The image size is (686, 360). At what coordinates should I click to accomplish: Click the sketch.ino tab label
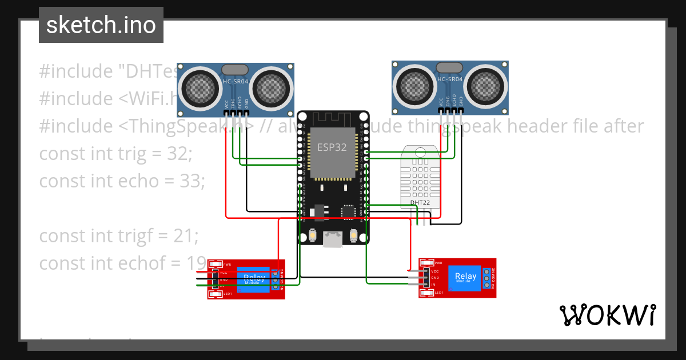[101, 25]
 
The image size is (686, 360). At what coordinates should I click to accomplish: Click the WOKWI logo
[607, 315]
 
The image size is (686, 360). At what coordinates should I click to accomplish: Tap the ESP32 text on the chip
[332, 147]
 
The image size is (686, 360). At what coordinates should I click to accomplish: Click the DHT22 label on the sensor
[420, 202]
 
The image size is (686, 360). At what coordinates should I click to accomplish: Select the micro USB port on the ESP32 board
[333, 238]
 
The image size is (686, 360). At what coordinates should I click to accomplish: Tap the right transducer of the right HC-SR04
[485, 86]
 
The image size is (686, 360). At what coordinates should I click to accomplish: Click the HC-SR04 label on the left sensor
[234, 82]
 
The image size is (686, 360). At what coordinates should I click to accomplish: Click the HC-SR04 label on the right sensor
[449, 79]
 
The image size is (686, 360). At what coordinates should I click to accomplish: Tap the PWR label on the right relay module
[438, 263]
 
